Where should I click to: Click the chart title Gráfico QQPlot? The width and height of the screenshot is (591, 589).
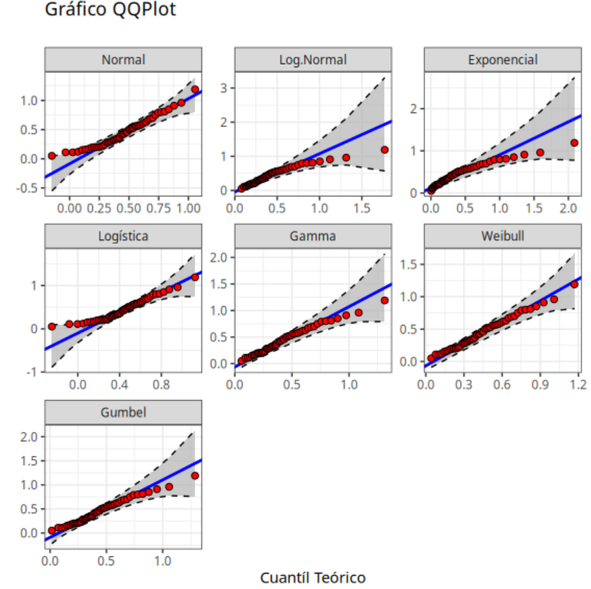coord(110,10)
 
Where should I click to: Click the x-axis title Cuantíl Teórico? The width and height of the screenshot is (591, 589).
coord(312,578)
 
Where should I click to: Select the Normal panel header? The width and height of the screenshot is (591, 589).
coord(123,60)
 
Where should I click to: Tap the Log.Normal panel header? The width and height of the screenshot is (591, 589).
coord(313,60)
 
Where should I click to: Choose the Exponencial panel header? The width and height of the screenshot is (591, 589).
coord(502,60)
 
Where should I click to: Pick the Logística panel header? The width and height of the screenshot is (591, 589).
coord(123,236)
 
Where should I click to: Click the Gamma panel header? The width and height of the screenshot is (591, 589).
coord(313,236)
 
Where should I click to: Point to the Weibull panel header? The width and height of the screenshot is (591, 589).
coord(502,236)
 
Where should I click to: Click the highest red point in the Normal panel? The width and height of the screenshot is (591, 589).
coord(195,90)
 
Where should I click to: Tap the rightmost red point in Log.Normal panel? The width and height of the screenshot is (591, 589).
coord(384,149)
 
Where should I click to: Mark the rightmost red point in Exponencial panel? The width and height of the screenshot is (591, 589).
coord(574,143)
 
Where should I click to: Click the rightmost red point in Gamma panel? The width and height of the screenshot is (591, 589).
coord(384,301)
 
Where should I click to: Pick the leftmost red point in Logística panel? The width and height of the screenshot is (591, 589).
coord(52,326)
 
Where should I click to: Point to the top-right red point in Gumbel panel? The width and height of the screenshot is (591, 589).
coord(195,476)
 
